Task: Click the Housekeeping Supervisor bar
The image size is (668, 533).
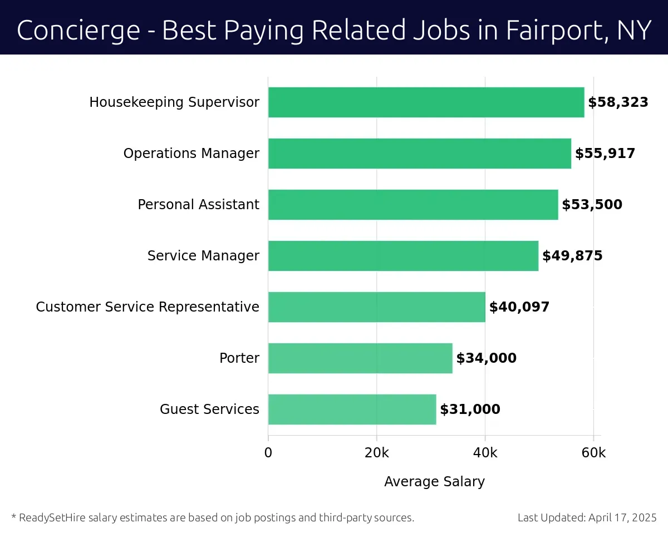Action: pos(426,102)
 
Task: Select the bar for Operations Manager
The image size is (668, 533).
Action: pos(419,154)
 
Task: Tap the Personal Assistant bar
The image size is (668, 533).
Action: pos(412,205)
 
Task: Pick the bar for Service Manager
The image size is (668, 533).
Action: pos(403,256)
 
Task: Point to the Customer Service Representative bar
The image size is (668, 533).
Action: pos(376,307)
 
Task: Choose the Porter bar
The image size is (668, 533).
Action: pos(360,358)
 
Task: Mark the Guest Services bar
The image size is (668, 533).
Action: pos(352,409)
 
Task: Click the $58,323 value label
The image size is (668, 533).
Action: pos(618,102)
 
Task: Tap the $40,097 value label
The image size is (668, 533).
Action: pos(519,307)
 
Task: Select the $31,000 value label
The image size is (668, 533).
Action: pos(470,409)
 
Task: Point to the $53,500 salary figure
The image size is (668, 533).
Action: pos(592,205)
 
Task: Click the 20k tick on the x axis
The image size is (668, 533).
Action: pos(376,453)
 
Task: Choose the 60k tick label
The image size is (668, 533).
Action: pos(593,453)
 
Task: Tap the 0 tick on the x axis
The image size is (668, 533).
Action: pos(268,453)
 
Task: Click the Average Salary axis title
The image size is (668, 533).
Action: pos(434,482)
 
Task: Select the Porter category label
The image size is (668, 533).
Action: pos(239,358)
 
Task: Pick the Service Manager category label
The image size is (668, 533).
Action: pos(203,256)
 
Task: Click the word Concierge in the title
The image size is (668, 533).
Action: pos(78,30)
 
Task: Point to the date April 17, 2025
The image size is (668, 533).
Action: pos(622,517)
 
